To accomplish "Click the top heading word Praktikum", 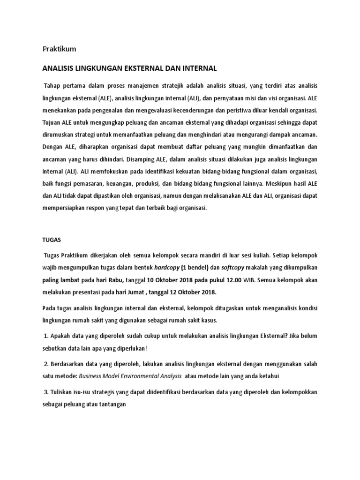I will coord(59,49).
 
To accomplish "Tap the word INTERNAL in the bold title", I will coord(200,68).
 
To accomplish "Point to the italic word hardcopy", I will coord(167,268).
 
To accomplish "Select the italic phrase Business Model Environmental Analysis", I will coord(130,376).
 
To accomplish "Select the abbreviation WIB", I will coord(250,280).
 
